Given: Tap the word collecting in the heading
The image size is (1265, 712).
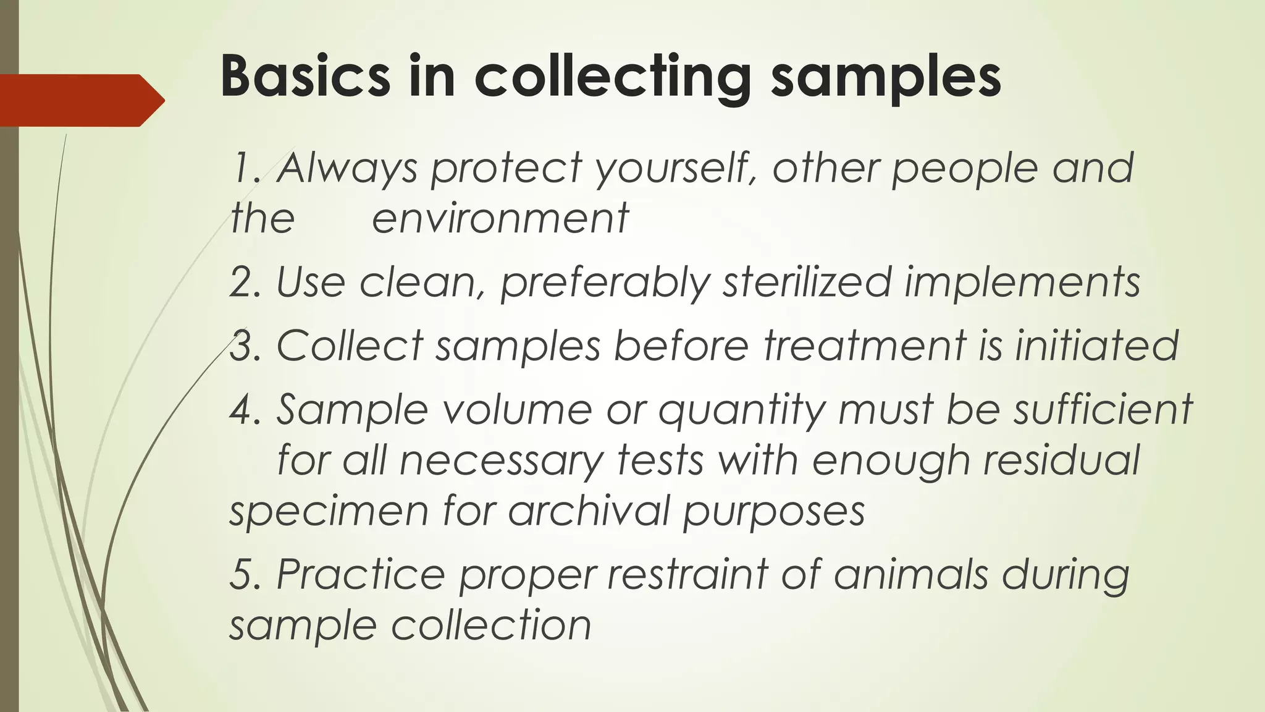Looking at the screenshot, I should pos(612,77).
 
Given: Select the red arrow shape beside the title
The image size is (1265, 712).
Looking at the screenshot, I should pos(80,100).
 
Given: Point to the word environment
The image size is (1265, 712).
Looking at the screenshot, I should pos(500,218).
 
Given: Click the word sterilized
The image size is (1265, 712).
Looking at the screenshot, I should pos(807,282).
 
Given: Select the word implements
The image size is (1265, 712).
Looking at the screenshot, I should pos(1022,282).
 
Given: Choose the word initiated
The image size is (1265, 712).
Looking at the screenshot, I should pos(1097,345).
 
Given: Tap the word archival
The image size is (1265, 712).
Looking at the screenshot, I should pos(589,511).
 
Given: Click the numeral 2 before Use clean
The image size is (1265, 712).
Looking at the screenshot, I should pos(239,282).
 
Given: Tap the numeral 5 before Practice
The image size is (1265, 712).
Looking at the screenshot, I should pos(239,574).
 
